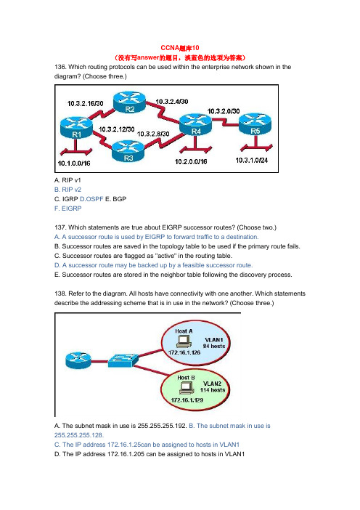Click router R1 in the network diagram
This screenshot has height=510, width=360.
pos(76,128)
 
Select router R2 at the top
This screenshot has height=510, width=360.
pos(129,102)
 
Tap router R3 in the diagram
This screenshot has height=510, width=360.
pos(128,151)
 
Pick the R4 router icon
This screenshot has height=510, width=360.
pos(195,124)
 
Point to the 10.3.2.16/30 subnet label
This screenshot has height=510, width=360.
pos(85,104)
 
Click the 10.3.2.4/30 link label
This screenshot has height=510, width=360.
pos(172,102)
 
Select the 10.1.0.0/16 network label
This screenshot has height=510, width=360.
pos(74,163)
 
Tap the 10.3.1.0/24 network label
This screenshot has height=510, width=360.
pos(252,160)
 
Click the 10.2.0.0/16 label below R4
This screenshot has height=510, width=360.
pos(191,162)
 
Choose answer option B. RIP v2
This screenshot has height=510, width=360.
pos(67,190)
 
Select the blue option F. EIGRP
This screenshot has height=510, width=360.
pos(68,209)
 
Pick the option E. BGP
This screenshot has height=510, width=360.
pos(115,199)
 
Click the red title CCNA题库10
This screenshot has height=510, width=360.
pos(180,48)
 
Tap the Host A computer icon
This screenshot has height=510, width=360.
pos(184,342)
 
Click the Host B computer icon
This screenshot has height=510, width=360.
pos(187,388)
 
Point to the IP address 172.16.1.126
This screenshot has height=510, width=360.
pos(184,352)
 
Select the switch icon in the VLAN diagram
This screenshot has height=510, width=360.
pos(123,361)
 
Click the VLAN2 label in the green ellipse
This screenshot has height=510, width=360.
pos(212,384)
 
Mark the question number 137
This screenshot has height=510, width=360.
pos(60,227)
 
